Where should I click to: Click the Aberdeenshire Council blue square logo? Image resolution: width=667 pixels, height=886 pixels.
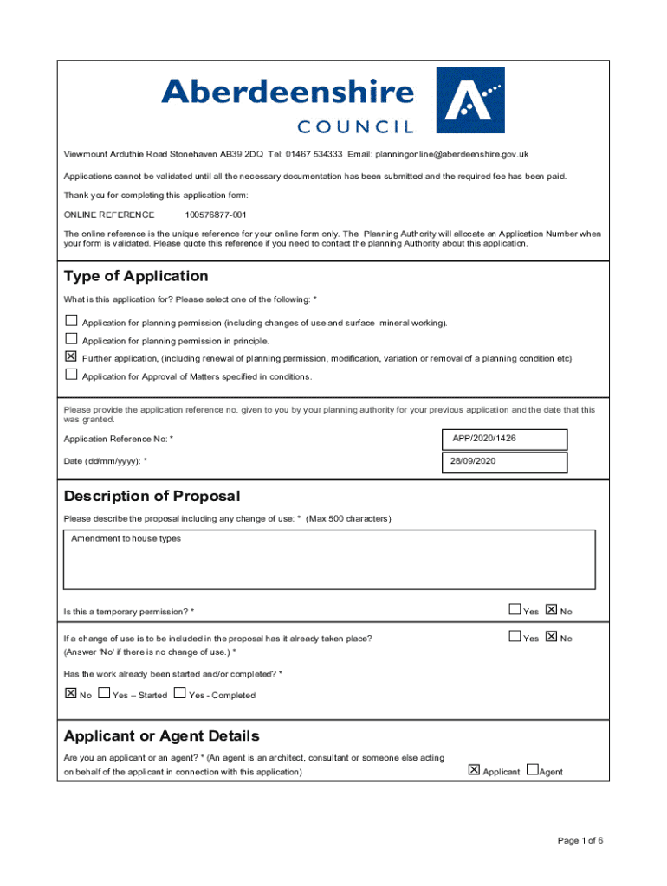(469, 100)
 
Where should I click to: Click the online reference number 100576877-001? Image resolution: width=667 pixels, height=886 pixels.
(216, 215)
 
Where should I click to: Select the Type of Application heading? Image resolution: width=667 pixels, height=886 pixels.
(136, 276)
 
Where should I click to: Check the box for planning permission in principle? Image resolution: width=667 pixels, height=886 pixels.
(71, 340)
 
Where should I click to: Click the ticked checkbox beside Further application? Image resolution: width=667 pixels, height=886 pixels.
(71, 357)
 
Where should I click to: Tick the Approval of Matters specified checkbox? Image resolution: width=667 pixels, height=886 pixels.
(71, 376)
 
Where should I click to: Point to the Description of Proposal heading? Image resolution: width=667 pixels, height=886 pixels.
(152, 496)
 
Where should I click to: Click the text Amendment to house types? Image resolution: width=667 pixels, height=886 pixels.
(126, 539)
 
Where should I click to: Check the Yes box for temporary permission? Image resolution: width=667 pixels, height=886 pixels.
(515, 610)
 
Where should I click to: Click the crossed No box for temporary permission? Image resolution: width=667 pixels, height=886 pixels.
(552, 610)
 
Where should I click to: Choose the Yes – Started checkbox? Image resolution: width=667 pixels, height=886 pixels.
(104, 693)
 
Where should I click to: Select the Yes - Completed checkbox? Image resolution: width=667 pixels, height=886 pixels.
(180, 693)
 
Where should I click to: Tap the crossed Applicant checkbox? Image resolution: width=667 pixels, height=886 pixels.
(474, 769)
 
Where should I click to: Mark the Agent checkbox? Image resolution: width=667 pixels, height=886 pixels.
(532, 769)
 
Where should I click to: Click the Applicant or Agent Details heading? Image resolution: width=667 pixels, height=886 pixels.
(161, 736)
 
